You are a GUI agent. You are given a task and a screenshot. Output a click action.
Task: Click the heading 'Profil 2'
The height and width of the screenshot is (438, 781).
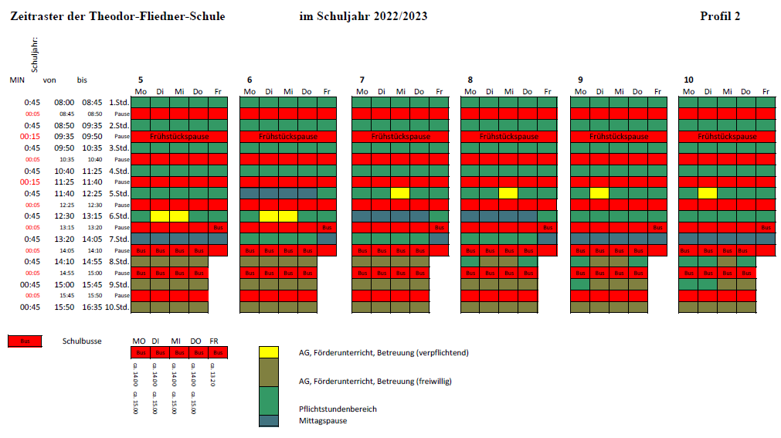click(720, 16)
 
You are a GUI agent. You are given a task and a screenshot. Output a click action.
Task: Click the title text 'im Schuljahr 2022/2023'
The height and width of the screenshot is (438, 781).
click(362, 16)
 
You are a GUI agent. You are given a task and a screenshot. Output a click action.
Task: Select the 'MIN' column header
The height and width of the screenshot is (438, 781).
click(17, 80)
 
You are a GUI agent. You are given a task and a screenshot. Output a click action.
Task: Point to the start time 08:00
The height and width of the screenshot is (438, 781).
click(64, 102)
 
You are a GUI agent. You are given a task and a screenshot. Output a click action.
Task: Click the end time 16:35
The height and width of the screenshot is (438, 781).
click(93, 307)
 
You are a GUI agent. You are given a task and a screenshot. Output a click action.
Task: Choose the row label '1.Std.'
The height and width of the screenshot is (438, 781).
click(118, 102)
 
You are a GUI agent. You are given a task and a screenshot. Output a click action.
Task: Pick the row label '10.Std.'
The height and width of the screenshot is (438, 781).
click(117, 307)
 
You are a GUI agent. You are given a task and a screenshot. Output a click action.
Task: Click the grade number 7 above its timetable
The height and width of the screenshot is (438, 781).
click(362, 80)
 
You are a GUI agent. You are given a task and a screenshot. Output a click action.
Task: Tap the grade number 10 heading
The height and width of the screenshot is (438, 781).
click(688, 80)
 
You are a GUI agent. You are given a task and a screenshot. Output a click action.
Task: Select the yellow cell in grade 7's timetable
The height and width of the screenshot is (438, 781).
click(400, 193)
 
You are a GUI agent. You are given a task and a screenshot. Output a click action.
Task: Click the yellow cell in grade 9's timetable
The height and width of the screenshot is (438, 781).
click(599, 193)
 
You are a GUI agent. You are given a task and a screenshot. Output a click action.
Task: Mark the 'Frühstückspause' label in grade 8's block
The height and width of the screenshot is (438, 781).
click(509, 136)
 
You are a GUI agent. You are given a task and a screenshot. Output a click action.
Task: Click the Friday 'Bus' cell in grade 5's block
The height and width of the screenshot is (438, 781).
click(218, 228)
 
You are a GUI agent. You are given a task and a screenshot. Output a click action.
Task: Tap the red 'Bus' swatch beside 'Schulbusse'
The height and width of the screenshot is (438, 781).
click(25, 341)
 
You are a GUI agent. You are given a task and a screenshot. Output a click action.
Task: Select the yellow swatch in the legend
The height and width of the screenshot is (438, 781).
click(269, 352)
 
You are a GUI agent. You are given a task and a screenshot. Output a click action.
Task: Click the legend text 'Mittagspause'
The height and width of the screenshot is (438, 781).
click(323, 421)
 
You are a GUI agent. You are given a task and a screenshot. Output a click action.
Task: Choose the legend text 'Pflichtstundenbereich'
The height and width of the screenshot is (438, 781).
click(338, 409)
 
